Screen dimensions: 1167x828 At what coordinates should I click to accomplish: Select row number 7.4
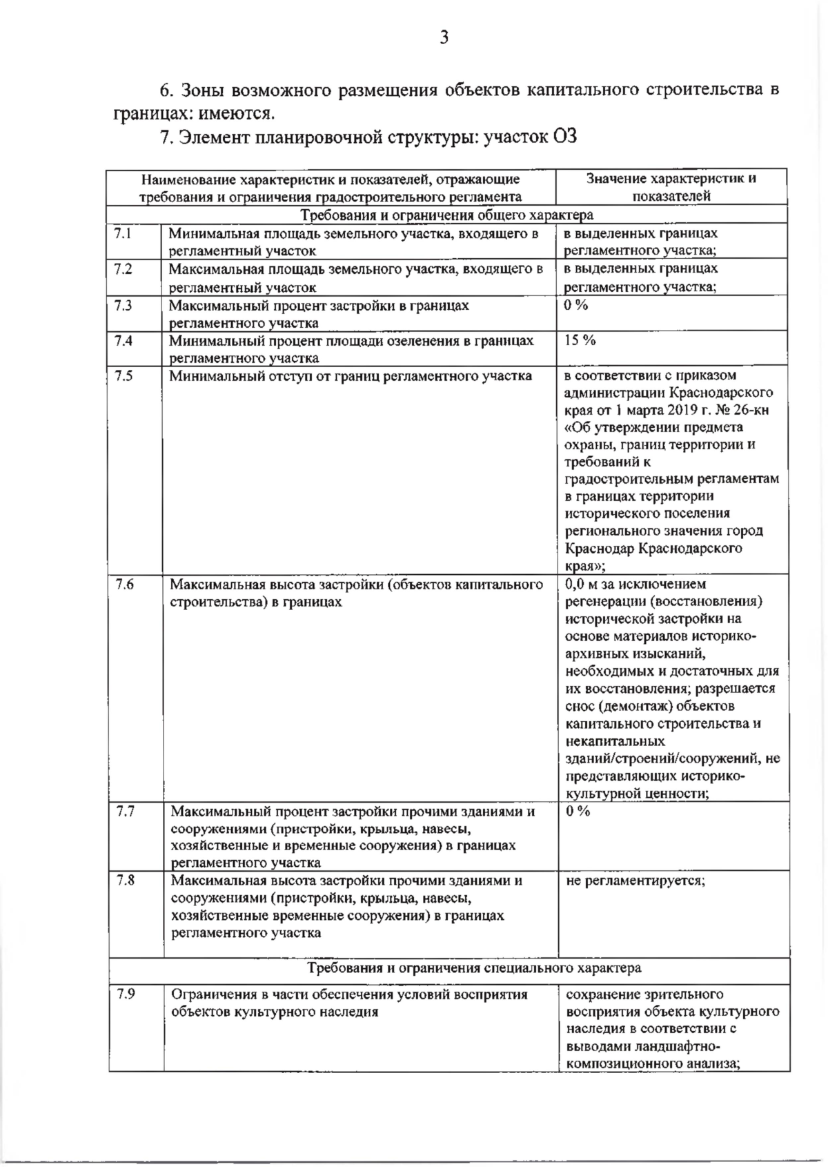click(124, 340)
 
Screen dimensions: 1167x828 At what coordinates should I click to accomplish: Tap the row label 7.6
click(124, 585)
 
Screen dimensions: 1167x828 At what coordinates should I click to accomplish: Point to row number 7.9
click(126, 994)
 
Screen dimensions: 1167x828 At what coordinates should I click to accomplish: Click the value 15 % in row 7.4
click(580, 340)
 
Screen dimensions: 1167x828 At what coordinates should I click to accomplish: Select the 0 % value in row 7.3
click(576, 305)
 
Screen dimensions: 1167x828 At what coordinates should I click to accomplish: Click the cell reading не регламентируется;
click(635, 881)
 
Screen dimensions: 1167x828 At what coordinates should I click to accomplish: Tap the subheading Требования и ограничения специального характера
click(475, 968)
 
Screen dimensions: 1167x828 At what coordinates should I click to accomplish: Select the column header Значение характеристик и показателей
click(671, 187)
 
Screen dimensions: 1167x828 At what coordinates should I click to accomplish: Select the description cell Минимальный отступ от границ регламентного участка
click(351, 376)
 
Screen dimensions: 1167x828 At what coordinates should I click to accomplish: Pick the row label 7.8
click(126, 881)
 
